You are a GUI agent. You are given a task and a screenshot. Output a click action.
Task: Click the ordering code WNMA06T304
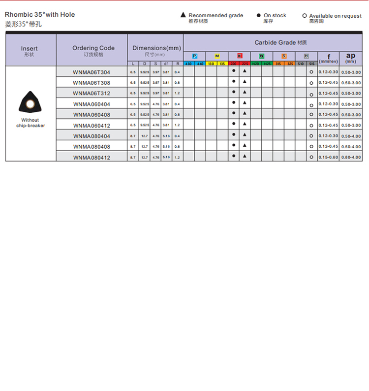92,72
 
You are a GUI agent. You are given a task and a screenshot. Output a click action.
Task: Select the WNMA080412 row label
92,158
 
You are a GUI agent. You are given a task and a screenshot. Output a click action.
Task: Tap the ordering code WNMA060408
92,115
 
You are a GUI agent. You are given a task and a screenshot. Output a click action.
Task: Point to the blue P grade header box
195,56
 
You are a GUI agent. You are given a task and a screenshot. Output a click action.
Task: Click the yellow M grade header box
217,56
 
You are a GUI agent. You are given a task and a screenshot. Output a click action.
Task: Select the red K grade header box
240,56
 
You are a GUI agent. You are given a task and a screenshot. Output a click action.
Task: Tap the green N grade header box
262,56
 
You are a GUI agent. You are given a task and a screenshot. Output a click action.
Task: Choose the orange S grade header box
284,56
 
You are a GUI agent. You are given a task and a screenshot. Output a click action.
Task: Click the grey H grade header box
307,56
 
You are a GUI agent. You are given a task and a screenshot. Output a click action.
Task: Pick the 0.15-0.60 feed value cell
328,157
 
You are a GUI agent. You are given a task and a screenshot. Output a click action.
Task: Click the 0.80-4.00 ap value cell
351,157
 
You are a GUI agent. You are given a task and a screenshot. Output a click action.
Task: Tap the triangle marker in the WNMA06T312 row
245,92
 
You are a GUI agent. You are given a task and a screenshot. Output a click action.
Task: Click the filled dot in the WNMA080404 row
234,134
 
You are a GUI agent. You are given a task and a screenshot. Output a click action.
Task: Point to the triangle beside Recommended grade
184,15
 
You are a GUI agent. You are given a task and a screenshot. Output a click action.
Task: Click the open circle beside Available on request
305,16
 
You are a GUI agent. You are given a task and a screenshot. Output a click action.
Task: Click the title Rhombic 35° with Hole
40,15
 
